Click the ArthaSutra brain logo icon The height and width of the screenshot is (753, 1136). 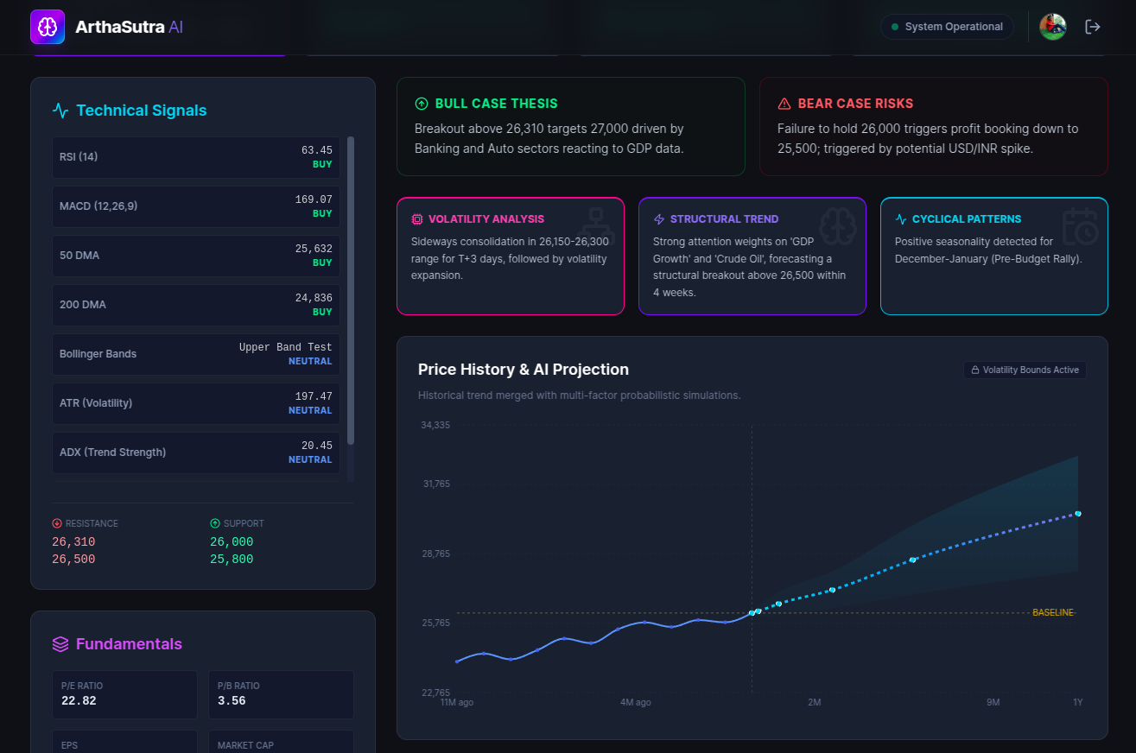pyautogui.click(x=48, y=27)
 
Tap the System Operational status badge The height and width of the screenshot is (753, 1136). pyautogui.click(x=947, y=27)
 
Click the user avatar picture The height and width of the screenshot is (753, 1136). pyautogui.click(x=1052, y=27)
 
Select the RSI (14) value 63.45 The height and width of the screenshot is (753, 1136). pyautogui.click(x=316, y=150)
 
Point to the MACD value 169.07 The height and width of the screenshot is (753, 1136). pyautogui.click(x=314, y=199)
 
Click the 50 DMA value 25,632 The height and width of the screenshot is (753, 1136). pyautogui.click(x=314, y=249)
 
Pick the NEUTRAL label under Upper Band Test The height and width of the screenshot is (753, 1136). pyautogui.click(x=310, y=361)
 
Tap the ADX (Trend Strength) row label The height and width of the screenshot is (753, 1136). pyautogui.click(x=112, y=452)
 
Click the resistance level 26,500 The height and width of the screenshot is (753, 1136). pyautogui.click(x=73, y=560)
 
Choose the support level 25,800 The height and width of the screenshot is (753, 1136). pyautogui.click(x=232, y=560)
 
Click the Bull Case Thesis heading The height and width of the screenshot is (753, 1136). pyautogui.click(x=496, y=104)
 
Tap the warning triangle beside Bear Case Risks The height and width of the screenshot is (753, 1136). pyautogui.click(x=784, y=104)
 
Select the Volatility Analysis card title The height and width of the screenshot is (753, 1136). pyautogui.click(x=486, y=219)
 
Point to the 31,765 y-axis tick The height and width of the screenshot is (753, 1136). pyautogui.click(x=436, y=484)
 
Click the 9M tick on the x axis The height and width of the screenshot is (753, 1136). pyautogui.click(x=993, y=702)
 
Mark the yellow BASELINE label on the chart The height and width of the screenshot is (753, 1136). pyautogui.click(x=1052, y=612)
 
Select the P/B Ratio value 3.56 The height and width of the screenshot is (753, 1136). pyautogui.click(x=232, y=701)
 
